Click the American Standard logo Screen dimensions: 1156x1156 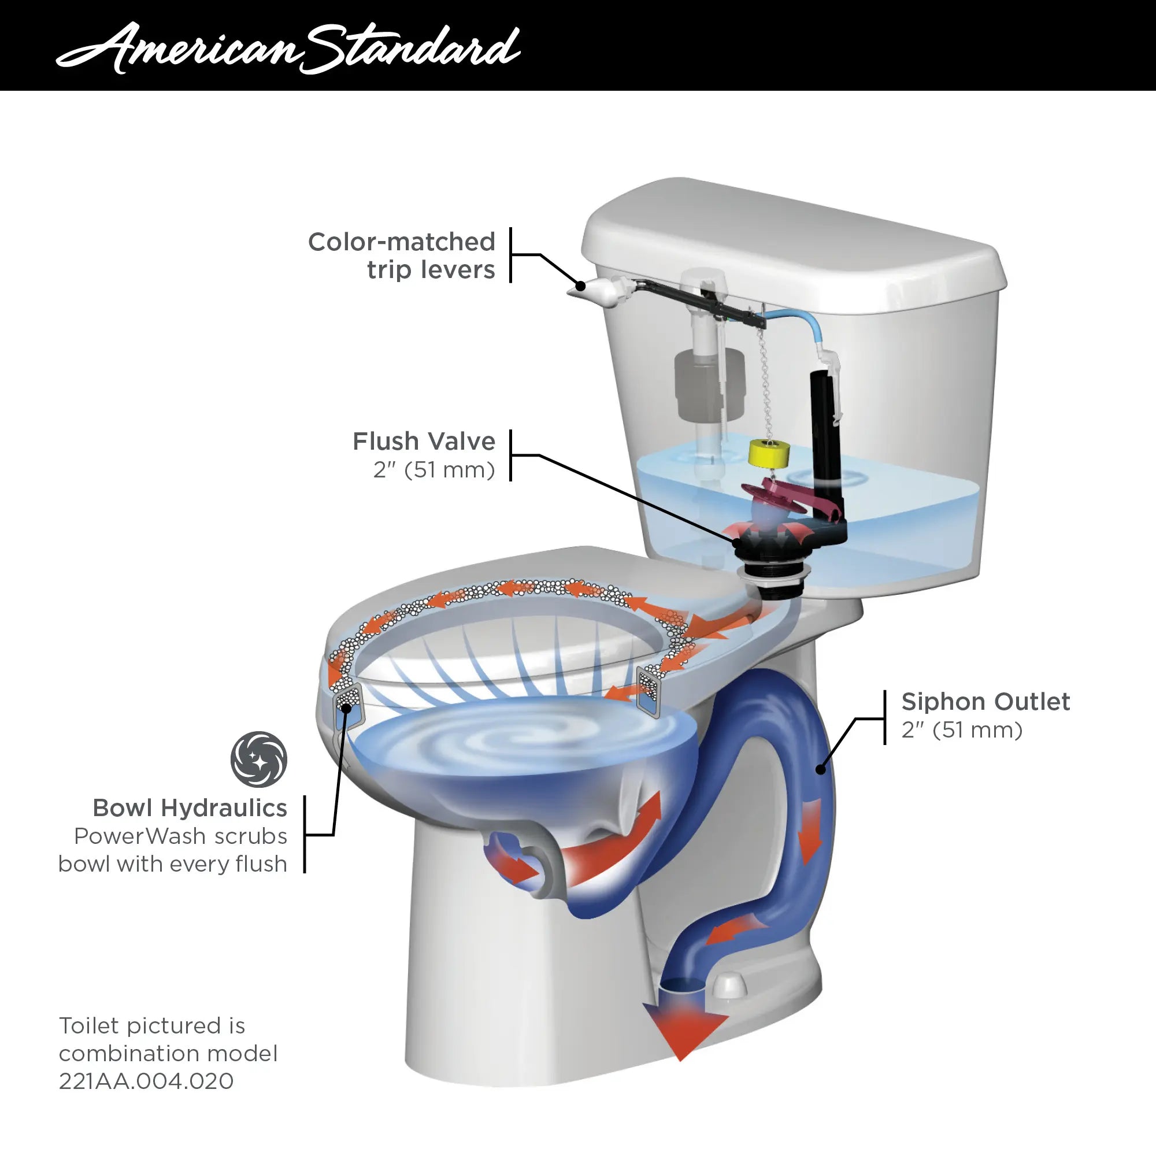[x=288, y=48]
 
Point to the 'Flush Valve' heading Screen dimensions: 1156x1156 [x=424, y=442]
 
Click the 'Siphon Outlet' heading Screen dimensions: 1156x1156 [x=985, y=701]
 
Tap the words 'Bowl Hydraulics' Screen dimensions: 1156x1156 [x=190, y=808]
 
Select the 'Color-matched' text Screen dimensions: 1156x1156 [x=402, y=242]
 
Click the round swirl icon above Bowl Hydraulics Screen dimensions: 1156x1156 [x=258, y=759]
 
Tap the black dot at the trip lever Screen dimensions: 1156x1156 [x=580, y=287]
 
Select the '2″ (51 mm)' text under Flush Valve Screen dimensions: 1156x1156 [x=434, y=470]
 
